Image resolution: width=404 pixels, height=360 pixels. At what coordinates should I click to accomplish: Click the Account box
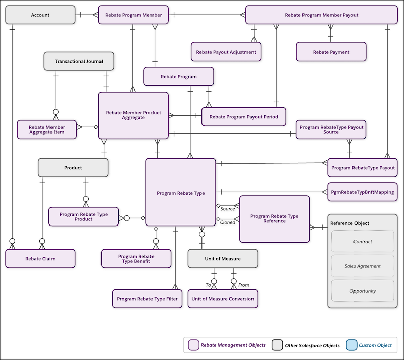40,15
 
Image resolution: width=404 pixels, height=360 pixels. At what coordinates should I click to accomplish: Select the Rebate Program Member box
133,15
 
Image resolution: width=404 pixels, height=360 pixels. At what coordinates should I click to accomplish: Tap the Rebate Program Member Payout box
321,15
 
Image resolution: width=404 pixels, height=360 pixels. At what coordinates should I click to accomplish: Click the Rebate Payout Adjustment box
226,52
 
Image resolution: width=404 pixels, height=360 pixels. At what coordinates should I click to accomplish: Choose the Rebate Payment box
331,52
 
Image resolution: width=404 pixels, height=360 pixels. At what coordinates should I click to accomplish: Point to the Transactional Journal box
79,62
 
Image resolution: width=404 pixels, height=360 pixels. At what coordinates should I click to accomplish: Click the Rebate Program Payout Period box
243,117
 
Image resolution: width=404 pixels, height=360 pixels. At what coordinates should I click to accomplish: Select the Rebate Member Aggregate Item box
46,129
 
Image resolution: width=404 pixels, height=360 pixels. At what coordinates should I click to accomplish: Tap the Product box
73,168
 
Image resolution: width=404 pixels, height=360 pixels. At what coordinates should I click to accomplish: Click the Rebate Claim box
40,259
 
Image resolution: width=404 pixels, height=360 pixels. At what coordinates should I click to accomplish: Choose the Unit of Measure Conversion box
223,299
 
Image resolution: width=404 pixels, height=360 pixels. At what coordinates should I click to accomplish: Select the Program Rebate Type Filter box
147,299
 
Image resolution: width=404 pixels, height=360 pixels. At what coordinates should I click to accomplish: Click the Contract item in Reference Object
362,242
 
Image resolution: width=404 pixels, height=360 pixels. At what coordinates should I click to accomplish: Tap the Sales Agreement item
362,266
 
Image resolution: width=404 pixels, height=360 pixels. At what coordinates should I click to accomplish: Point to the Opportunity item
362,291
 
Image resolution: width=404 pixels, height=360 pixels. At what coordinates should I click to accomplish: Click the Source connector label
228,209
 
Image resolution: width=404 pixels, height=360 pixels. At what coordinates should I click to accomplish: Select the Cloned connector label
227,222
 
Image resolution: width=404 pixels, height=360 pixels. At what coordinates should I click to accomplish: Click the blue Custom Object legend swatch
351,345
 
